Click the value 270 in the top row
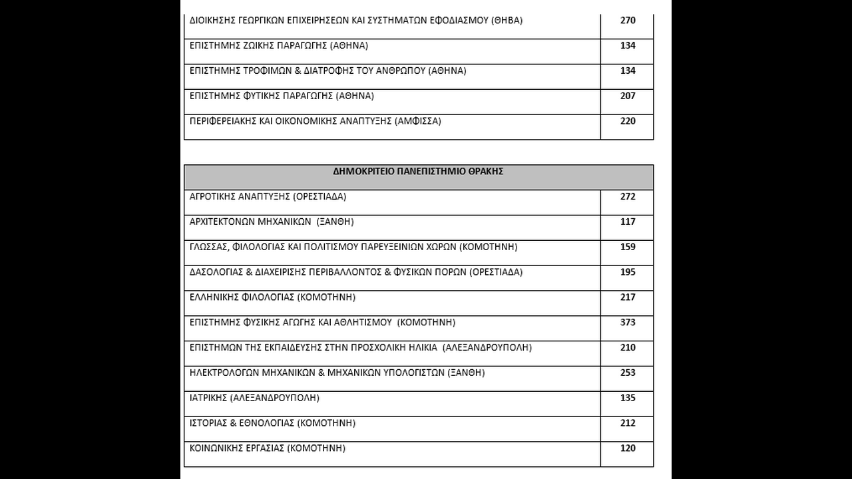point(628,21)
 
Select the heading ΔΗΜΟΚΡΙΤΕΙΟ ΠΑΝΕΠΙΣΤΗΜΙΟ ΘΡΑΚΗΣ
point(418,171)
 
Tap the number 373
point(628,323)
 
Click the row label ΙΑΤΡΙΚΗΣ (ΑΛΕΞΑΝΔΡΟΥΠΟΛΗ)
point(254,398)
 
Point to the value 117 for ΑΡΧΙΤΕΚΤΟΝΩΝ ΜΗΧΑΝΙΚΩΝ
point(628,222)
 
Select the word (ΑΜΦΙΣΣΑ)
point(417,121)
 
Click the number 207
point(628,96)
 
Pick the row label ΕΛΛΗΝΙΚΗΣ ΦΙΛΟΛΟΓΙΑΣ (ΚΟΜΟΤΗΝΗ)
point(272,297)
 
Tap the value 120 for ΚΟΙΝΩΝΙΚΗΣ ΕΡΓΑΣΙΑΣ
point(628,448)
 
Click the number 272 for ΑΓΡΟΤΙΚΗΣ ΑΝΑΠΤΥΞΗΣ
point(628,197)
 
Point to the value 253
point(628,373)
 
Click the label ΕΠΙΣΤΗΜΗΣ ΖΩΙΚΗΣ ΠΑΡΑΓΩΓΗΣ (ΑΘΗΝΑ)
point(278,46)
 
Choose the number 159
point(628,247)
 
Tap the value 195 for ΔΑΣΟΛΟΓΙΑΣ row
point(628,272)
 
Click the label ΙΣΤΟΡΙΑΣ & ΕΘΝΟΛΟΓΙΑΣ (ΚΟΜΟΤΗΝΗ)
point(272,423)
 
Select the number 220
point(628,121)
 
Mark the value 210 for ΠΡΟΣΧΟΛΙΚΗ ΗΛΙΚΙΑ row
point(628,348)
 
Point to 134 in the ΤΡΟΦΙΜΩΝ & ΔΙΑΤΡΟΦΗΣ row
point(628,71)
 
